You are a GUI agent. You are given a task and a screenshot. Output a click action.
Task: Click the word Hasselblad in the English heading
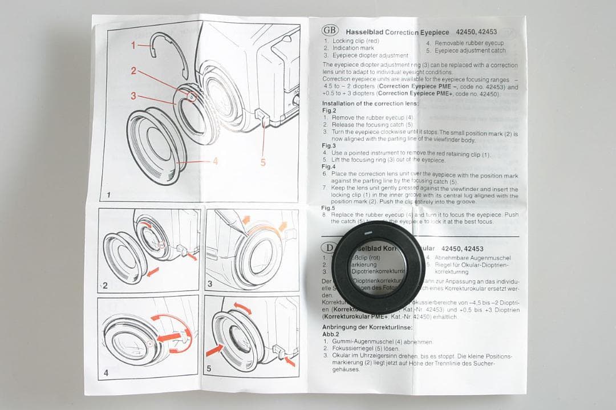(364, 33)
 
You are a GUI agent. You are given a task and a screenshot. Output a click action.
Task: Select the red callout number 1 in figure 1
(133, 45)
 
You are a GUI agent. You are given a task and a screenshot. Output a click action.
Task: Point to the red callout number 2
(133, 71)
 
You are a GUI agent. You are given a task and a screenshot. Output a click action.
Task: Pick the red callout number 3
(133, 96)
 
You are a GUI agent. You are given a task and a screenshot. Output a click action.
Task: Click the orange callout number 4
(216, 161)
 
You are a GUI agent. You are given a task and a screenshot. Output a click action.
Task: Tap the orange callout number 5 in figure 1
(263, 163)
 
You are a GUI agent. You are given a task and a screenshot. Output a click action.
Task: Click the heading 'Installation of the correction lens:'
(370, 104)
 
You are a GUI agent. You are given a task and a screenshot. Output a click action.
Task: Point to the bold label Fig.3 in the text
(329, 146)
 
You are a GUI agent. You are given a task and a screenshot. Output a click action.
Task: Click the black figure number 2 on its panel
(105, 285)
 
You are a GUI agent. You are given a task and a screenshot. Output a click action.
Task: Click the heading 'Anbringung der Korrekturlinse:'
(368, 327)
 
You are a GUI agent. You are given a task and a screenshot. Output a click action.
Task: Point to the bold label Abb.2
(331, 335)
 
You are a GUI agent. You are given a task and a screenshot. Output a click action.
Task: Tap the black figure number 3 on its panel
(210, 283)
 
